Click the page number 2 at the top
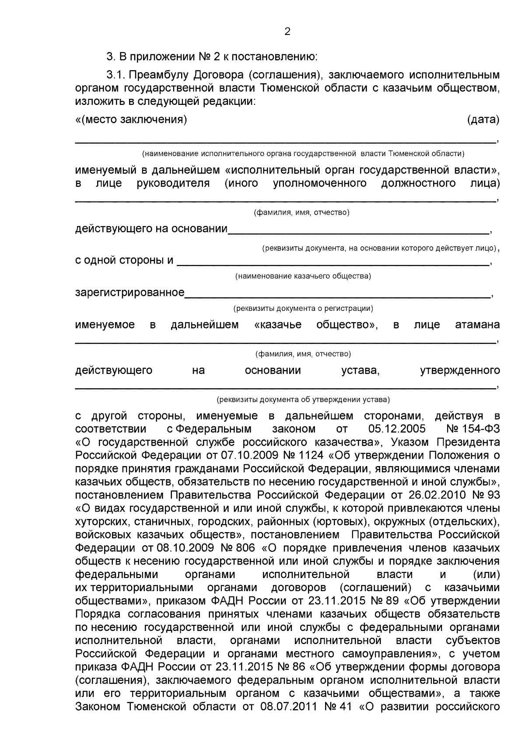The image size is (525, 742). coord(287,31)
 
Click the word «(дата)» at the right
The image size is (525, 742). coord(483,119)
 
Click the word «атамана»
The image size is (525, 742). coord(478,325)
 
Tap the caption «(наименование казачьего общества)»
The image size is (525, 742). coord(303,276)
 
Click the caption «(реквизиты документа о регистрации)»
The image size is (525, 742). coord(303,308)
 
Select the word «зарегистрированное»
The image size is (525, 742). coord(129,292)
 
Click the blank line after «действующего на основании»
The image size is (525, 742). coord(359,231)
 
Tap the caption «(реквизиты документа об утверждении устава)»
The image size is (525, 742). coord(303,400)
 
